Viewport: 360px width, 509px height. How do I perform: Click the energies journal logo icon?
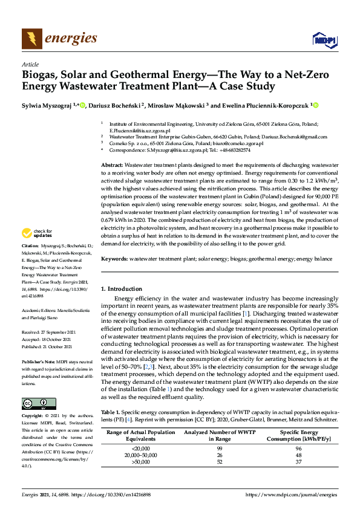(x=31, y=39)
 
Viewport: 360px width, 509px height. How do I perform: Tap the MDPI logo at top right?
(x=325, y=41)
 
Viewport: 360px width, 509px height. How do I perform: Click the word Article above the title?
(x=30, y=64)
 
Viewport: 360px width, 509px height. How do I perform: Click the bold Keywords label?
(x=115, y=259)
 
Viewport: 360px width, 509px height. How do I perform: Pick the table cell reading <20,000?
(x=140, y=448)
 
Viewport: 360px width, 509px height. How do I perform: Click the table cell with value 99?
(x=220, y=448)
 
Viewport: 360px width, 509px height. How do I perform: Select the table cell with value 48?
(x=299, y=455)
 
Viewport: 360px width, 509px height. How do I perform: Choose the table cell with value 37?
(x=299, y=462)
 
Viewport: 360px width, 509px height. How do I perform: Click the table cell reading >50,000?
(x=140, y=462)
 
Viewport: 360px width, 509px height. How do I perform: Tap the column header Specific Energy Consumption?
(x=298, y=435)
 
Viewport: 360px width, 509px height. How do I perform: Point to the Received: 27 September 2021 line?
(x=48, y=332)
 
